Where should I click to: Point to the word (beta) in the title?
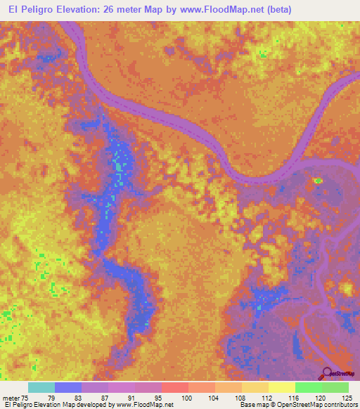(275, 10)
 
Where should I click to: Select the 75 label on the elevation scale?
(25, 398)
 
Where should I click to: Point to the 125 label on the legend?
(345, 398)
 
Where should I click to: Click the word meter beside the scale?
(10, 398)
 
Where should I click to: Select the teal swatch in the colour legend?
(41, 387)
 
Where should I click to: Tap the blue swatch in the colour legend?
(68, 387)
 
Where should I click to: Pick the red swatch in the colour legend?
(175, 387)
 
